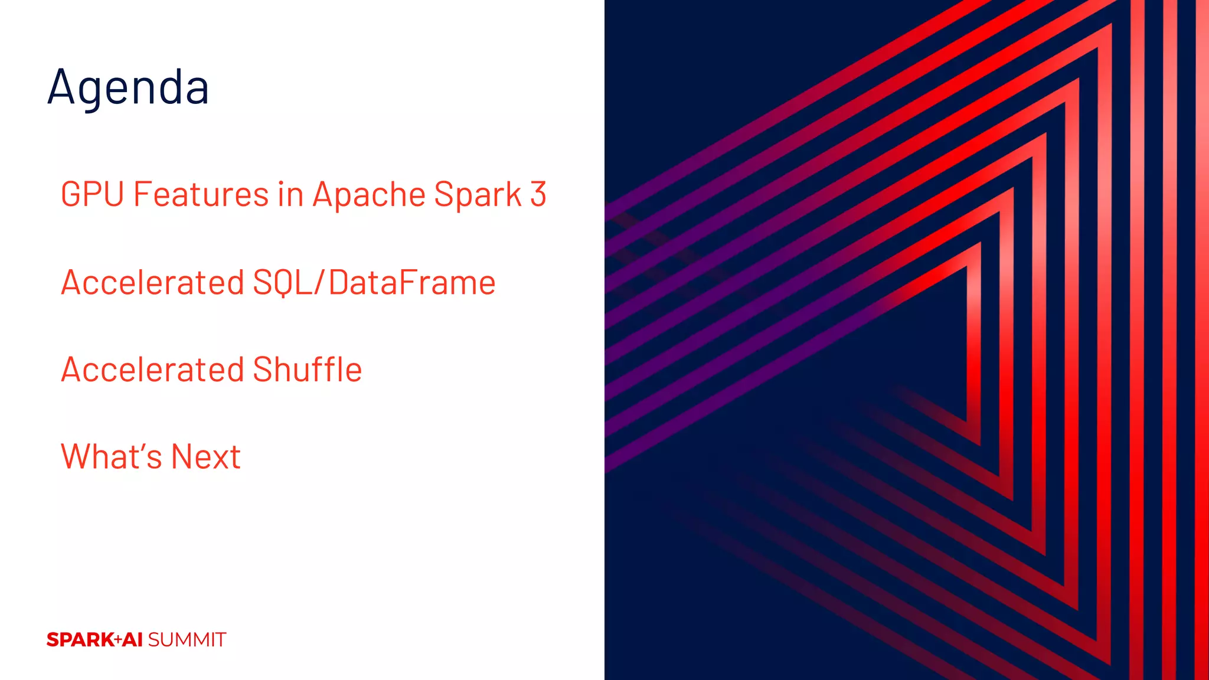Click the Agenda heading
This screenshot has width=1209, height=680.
click(x=128, y=87)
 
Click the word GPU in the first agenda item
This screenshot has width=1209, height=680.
click(x=92, y=194)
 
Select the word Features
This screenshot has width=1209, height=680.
click(x=201, y=194)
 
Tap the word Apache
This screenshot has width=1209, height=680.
click(x=369, y=195)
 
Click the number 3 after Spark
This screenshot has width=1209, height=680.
click(x=538, y=194)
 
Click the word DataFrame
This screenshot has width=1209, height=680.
click(x=412, y=282)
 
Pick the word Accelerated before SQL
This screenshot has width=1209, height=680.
click(x=152, y=282)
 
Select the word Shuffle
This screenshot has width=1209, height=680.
click(x=307, y=370)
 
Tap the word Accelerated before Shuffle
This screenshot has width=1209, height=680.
click(x=152, y=370)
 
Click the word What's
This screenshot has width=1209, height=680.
click(x=111, y=456)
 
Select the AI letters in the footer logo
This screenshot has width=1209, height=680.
click(x=133, y=640)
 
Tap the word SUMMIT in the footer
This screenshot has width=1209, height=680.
click(x=187, y=640)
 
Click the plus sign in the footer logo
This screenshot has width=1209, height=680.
click(x=118, y=640)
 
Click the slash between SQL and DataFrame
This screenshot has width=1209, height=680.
click(x=319, y=282)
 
